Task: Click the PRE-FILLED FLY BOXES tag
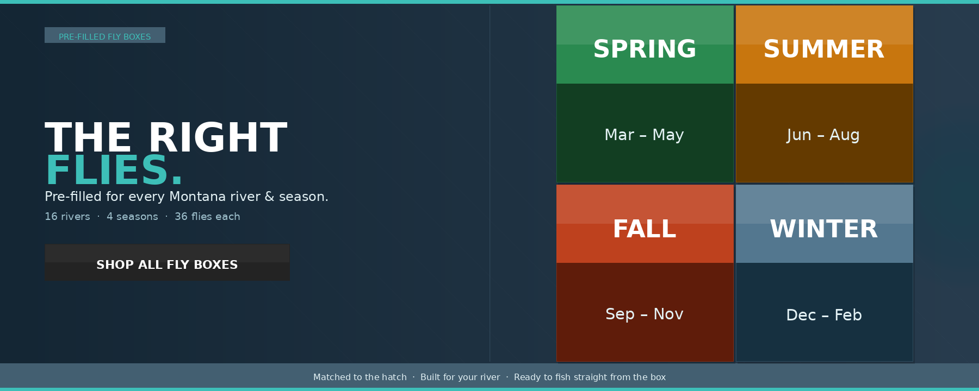pos(105,35)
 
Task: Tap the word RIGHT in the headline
pos(218,138)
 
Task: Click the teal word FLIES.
pos(114,171)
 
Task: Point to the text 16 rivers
pos(67,217)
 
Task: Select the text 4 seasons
pos(132,217)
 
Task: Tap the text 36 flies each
pos(207,217)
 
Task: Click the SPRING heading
pos(645,49)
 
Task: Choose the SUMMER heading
pos(824,49)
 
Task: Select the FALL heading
pos(645,229)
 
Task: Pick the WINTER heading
pos(824,229)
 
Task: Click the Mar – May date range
pos(645,135)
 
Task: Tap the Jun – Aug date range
pos(823,135)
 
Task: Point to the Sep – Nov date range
pos(645,314)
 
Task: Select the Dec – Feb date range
pos(824,315)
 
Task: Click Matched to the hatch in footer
pos(360,377)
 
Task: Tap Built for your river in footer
pos(460,377)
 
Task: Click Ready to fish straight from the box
pos(590,377)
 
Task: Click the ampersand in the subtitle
pos(269,197)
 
